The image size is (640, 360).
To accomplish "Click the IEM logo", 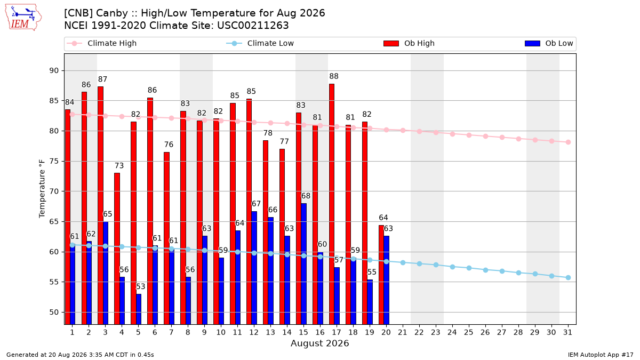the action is click(23, 18).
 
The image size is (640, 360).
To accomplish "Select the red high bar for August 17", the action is click(332, 204).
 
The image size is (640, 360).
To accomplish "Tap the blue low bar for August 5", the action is click(139, 309).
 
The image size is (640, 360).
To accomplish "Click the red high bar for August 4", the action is click(117, 249).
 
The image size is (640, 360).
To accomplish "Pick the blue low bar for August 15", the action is click(303, 263).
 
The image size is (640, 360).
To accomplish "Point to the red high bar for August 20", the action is click(381, 275).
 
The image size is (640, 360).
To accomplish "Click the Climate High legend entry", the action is click(102, 43).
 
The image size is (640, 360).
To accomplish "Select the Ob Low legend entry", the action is click(549, 43).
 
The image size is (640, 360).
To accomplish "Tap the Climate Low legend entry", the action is click(260, 43).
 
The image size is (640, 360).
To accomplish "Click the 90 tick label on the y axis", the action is click(54, 70).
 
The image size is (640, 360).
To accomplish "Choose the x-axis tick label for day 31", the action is click(567, 332).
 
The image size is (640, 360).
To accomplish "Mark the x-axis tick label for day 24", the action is click(452, 332).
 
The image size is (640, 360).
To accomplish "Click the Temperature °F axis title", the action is click(42, 189).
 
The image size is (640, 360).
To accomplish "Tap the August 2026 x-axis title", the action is click(319, 343).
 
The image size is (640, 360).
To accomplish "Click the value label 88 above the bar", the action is click(334, 76).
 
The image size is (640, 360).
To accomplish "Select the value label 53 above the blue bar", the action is click(141, 286).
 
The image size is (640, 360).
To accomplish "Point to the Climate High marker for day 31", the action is click(568, 142).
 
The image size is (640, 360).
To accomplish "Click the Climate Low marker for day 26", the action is click(485, 270).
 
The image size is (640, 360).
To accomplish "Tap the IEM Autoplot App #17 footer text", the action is click(601, 355).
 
